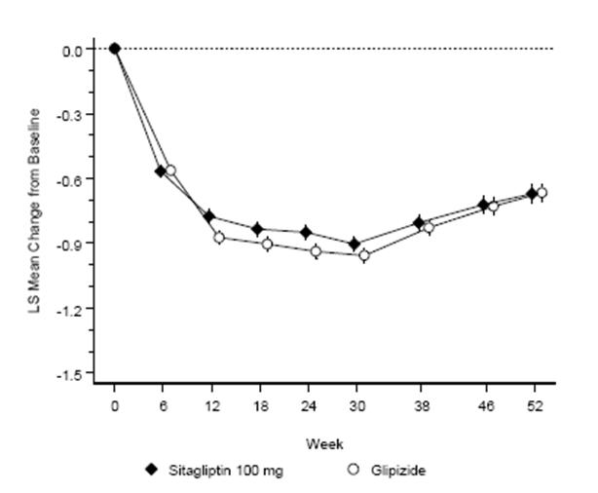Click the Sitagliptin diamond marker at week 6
(x=161, y=171)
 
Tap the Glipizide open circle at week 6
(x=170, y=171)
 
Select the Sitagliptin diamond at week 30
(x=355, y=244)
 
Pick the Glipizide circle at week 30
(x=364, y=255)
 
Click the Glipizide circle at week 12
(x=219, y=238)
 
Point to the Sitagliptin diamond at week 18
(x=257, y=229)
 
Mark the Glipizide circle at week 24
(x=316, y=251)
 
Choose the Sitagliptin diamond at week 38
(x=420, y=223)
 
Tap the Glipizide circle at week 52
(x=542, y=193)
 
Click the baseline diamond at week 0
(x=114, y=49)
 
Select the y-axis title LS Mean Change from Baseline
(x=35, y=210)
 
